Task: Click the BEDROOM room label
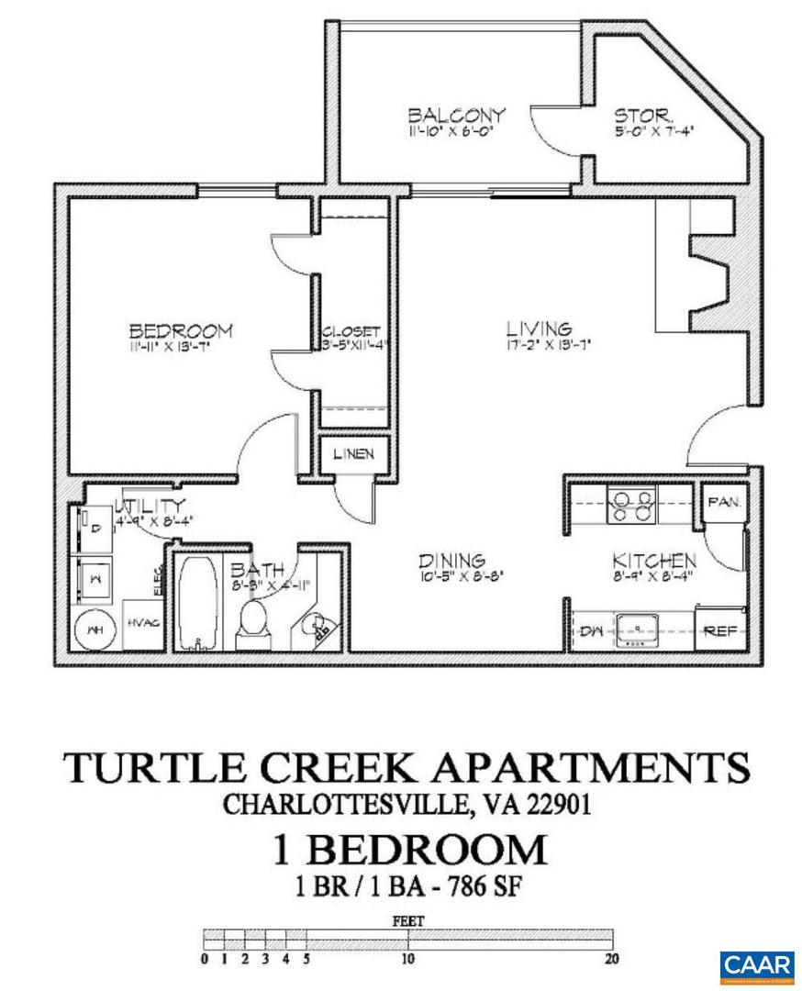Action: pos(180,330)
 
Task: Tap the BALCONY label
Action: pos(456,116)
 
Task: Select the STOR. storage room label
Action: pos(644,117)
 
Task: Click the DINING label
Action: pos(451,561)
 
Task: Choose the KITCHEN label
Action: pos(653,561)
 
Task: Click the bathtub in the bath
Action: pos(195,602)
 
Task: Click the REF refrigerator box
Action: pos(720,630)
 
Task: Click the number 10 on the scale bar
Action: pos(407,961)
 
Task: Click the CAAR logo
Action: pos(756,965)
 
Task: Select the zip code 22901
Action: pos(550,805)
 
